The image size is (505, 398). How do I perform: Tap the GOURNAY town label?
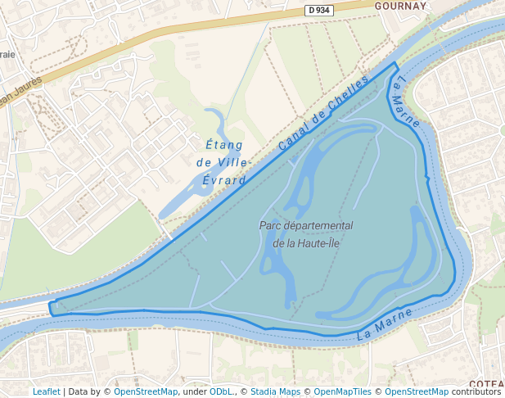tap(400, 5)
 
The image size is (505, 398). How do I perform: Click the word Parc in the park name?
tap(271, 225)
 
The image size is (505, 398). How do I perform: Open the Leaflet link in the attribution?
tap(46, 391)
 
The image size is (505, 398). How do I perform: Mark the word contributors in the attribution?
tap(476, 391)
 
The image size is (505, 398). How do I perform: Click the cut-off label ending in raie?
tap(7, 53)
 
